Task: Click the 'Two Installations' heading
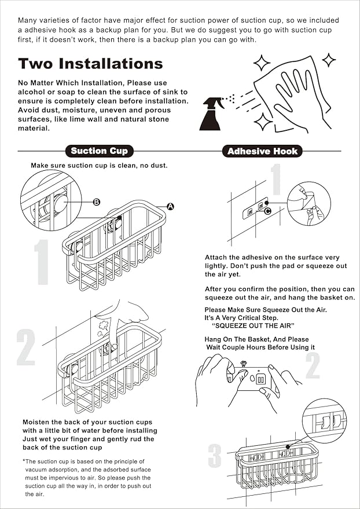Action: tap(90, 63)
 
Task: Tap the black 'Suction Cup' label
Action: tap(99, 151)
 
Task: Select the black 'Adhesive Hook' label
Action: tap(262, 152)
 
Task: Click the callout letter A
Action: tap(171, 206)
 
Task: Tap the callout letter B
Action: tap(97, 202)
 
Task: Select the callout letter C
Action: tap(267, 211)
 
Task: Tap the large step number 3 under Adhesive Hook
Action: tap(215, 456)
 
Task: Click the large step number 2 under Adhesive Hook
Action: tap(313, 365)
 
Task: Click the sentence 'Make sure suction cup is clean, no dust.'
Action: tap(99, 166)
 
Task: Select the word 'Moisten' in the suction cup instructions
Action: tap(36, 422)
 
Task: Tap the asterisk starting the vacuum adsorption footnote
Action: tap(24, 461)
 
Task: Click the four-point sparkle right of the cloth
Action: tap(329, 60)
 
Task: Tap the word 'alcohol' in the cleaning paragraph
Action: tap(34, 91)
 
